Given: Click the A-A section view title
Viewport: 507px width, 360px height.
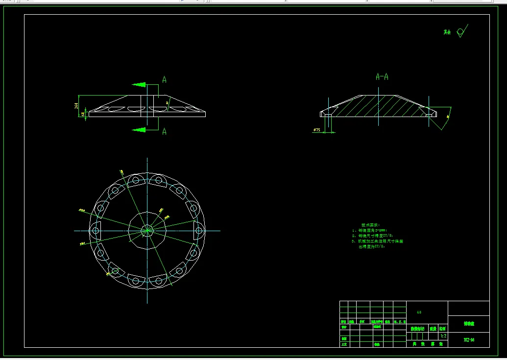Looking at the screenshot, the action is [382, 77].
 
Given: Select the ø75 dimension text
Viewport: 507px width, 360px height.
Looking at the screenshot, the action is [316, 130].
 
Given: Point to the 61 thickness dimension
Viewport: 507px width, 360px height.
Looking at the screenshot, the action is [83, 114].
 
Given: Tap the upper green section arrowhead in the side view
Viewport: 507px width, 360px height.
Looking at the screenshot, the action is [140, 85].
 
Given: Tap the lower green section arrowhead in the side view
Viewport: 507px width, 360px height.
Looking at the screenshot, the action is [140, 130].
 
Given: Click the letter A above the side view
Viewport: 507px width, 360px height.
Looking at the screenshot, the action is [165, 79].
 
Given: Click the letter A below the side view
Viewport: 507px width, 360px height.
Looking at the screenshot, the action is [165, 131].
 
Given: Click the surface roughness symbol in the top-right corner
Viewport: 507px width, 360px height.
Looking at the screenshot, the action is [461, 32].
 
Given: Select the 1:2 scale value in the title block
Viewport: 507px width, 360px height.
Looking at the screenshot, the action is [443, 336].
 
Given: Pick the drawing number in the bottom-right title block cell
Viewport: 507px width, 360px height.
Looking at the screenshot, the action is [469, 339].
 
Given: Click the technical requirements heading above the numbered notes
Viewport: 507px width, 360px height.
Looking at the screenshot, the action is [370, 224].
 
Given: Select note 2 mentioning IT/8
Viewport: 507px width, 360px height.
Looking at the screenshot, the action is [373, 236].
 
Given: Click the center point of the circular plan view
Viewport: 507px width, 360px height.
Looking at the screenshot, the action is [147, 230].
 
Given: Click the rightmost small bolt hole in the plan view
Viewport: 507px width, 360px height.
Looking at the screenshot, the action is [199, 230].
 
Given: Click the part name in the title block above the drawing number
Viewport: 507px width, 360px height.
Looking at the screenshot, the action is [469, 323].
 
